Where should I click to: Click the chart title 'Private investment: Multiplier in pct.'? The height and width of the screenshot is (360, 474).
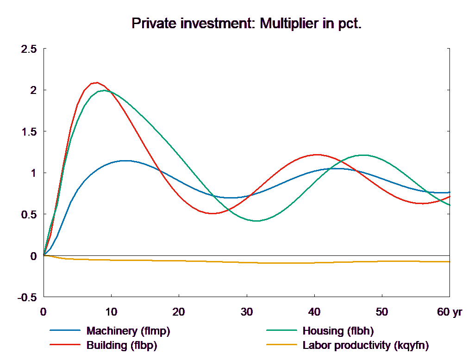(x=246, y=24)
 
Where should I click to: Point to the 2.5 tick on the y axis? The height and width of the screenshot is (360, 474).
(x=28, y=49)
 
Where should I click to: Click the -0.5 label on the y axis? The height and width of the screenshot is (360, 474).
(x=26, y=298)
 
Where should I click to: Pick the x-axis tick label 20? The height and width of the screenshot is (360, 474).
(x=179, y=312)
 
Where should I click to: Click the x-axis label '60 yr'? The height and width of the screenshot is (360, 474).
(x=449, y=312)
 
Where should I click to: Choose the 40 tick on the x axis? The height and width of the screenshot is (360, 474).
(x=314, y=312)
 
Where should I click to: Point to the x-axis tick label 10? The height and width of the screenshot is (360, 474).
(x=111, y=312)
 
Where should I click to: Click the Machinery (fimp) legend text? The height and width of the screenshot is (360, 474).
(x=128, y=331)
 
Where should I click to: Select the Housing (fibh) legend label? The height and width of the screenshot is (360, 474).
(x=337, y=331)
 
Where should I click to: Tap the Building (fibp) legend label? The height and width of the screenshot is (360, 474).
(x=122, y=345)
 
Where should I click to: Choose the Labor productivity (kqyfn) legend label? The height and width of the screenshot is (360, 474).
(x=366, y=345)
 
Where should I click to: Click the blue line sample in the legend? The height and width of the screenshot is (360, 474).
(x=65, y=331)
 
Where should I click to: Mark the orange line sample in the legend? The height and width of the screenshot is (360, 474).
(x=281, y=345)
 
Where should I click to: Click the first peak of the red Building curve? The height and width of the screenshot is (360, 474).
(x=96, y=82)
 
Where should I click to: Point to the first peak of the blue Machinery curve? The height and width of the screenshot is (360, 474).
(x=125, y=161)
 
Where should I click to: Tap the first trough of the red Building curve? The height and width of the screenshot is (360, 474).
(x=212, y=213)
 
